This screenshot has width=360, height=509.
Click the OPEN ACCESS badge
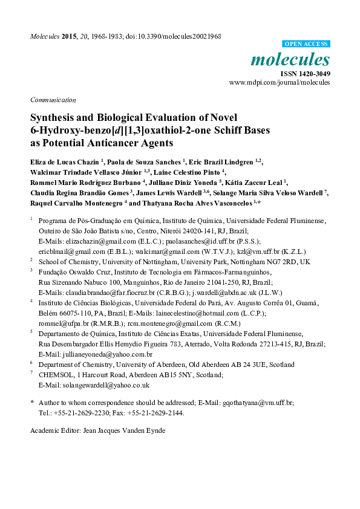coord(306,44)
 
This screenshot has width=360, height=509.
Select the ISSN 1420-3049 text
coord(305,73)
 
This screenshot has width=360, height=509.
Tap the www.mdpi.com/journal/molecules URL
coord(280,82)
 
